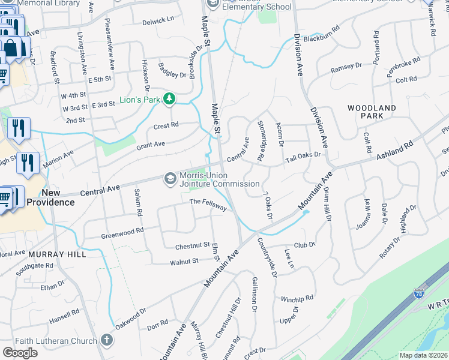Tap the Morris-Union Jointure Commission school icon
(170, 179)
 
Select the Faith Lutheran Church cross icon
(106, 341)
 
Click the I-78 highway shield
(419, 294)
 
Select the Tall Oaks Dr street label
(304, 157)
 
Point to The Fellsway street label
(208, 205)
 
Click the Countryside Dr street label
(267, 257)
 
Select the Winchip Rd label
(297, 299)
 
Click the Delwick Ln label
(158, 21)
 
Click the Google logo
(20, 353)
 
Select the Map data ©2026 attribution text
(423, 355)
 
